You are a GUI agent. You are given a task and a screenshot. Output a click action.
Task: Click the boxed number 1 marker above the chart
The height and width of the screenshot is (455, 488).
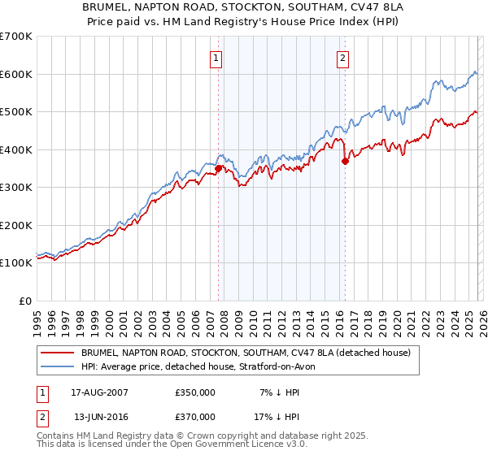coord(217,58)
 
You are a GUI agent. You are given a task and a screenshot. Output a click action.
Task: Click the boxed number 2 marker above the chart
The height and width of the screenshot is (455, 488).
coord(343,58)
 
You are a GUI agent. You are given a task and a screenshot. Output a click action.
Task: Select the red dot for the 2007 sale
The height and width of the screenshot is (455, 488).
coord(218,168)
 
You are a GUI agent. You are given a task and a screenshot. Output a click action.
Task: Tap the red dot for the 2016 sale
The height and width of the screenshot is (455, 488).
coord(345,161)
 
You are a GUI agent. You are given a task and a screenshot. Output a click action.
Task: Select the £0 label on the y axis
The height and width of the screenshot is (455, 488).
coord(24,301)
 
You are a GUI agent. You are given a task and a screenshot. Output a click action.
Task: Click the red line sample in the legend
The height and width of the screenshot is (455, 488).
coord(57,353)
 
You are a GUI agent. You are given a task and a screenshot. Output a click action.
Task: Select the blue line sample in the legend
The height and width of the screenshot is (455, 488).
coord(57,367)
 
